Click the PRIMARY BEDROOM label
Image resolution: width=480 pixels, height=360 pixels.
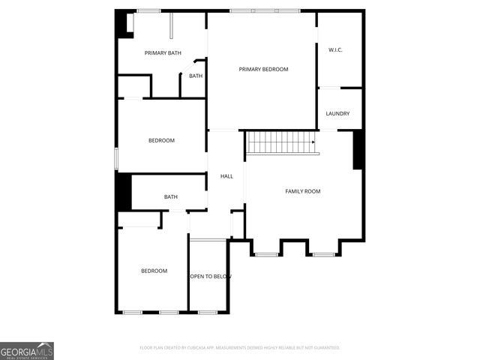263,69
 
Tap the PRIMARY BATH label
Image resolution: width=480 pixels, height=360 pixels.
163,52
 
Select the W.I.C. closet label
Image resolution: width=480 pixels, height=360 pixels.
335,49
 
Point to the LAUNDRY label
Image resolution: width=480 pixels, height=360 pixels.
337,114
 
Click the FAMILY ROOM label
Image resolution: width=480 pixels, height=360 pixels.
302,191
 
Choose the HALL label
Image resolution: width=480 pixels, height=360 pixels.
226,176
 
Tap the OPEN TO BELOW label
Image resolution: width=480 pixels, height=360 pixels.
209,277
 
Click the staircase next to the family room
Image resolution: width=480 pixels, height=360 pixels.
280,142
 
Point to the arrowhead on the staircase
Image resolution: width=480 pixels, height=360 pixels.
313,142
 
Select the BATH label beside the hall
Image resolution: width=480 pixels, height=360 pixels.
171,197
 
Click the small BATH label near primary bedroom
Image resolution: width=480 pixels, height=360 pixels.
196,76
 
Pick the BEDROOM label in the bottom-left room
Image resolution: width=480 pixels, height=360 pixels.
154,271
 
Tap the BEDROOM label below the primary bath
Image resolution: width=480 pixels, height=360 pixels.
161,141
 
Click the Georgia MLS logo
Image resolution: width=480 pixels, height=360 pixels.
27,350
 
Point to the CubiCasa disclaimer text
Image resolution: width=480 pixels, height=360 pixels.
240,348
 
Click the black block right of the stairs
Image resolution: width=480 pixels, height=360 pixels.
358,150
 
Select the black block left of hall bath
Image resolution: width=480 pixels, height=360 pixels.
123,192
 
